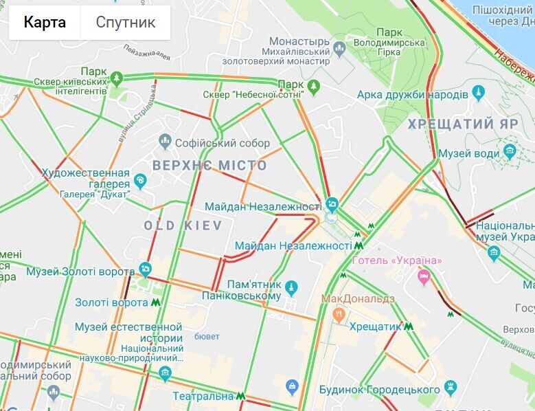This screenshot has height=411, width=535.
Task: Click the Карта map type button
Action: click(45, 23)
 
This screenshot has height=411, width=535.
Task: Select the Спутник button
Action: click(125, 23)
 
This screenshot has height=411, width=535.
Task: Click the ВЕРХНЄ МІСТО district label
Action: click(209, 166)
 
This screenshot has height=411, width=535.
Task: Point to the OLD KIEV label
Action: click(183, 225)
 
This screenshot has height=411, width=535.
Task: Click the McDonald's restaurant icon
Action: click(338, 313)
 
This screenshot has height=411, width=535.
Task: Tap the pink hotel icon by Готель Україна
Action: click(424, 276)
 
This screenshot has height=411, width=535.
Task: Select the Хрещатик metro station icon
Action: click(408, 326)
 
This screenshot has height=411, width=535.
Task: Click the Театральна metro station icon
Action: click(240, 396)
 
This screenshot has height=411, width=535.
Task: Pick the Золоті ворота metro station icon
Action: click(157, 302)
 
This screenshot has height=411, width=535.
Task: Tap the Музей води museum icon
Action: click(509, 151)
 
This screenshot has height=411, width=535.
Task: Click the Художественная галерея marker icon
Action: click(140, 181)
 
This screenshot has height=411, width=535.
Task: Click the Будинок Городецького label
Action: click(400, 390)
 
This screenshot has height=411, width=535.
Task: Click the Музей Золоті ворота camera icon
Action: click(145, 268)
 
